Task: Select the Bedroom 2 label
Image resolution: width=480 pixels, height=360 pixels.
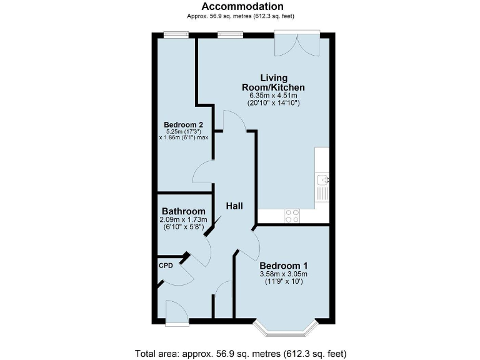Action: [183, 124]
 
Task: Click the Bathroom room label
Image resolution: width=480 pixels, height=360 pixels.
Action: [183, 211]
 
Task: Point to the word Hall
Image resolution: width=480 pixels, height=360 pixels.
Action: [234, 206]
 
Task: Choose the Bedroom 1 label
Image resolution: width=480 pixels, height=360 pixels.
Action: [284, 264]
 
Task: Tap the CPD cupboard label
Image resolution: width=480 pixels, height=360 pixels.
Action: [166, 265]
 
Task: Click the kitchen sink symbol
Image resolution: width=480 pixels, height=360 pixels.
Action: [322, 181]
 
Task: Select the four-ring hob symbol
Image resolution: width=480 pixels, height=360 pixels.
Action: [292, 216]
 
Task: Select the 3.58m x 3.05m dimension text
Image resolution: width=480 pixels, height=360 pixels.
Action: [284, 274]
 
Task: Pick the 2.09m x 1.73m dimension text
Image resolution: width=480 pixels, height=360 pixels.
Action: [184, 220]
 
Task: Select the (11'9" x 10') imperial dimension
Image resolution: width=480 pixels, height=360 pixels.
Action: [284, 282]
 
